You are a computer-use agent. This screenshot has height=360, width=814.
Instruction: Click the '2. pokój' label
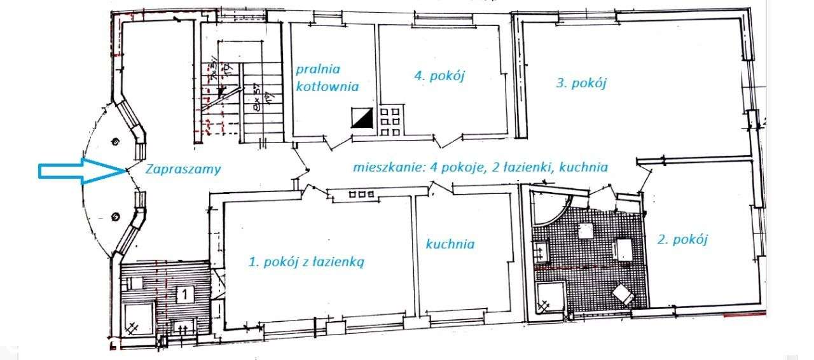[x=682, y=239]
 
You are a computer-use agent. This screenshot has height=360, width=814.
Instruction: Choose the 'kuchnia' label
[x=450, y=244]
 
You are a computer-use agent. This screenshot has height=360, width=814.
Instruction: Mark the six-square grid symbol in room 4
[x=389, y=121]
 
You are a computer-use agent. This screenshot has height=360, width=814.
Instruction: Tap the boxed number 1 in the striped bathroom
[x=184, y=294]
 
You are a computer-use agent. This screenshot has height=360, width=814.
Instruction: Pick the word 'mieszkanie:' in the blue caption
[x=383, y=168]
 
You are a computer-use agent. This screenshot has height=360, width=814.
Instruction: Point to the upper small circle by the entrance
[x=115, y=141]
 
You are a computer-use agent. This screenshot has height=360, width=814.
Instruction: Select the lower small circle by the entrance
[x=115, y=216]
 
